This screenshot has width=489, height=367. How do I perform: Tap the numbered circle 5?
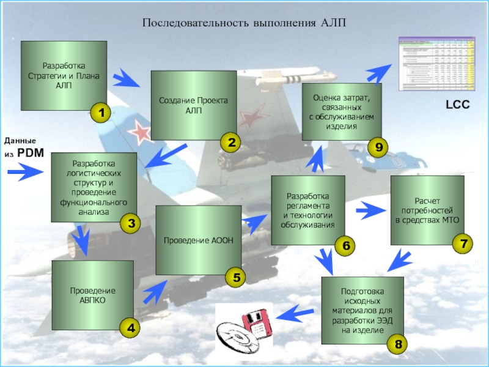pyautogui.click(x=236, y=278)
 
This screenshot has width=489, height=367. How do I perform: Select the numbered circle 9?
pyautogui.click(x=378, y=147)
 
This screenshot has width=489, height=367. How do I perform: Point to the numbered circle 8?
pyautogui.click(x=398, y=345)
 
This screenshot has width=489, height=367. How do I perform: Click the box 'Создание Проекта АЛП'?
pyautogui.click(x=193, y=105)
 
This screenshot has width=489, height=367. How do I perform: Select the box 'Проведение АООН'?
pyautogui.click(x=198, y=240)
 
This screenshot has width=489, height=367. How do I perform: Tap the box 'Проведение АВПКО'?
pyautogui.click(x=92, y=295)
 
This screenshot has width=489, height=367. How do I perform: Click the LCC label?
pyautogui.click(x=457, y=105)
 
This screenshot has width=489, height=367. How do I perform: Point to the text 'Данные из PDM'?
pyautogui.click(x=24, y=147)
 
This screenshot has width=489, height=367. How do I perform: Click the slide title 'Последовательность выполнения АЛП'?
pyautogui.click(x=244, y=23)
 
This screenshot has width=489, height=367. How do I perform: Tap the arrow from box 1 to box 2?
pyautogui.click(x=127, y=78)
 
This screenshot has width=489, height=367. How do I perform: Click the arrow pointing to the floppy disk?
pyautogui.click(x=294, y=314)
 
